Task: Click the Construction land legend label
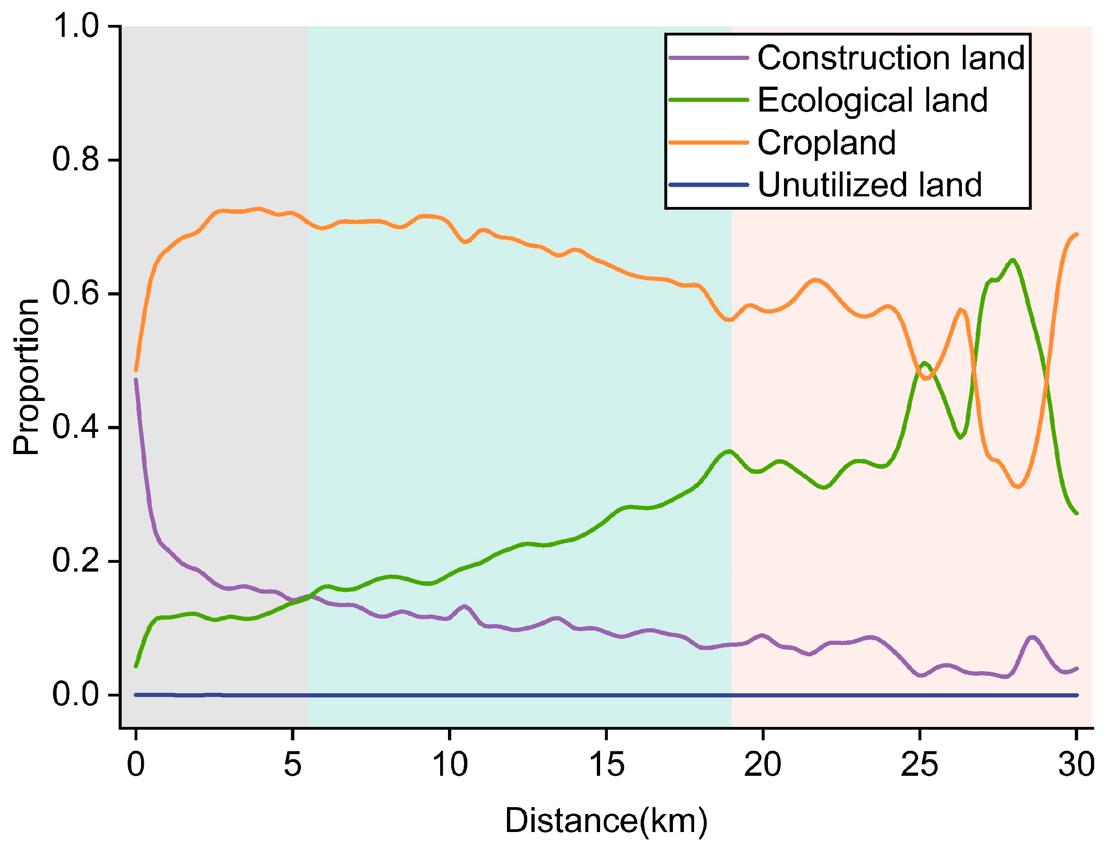[890, 58]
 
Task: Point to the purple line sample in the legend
[708, 58]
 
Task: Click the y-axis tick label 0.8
[76, 160]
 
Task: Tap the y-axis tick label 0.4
[76, 427]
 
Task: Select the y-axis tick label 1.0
[76, 26]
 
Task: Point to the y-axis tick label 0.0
[76, 695]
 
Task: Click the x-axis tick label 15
[606, 764]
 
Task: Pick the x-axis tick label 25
[919, 764]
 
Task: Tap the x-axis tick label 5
[292, 764]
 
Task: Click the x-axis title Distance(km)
[606, 820]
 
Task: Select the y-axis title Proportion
[26, 377]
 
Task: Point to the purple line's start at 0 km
[136, 380]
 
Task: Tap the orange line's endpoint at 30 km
[1076, 234]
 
